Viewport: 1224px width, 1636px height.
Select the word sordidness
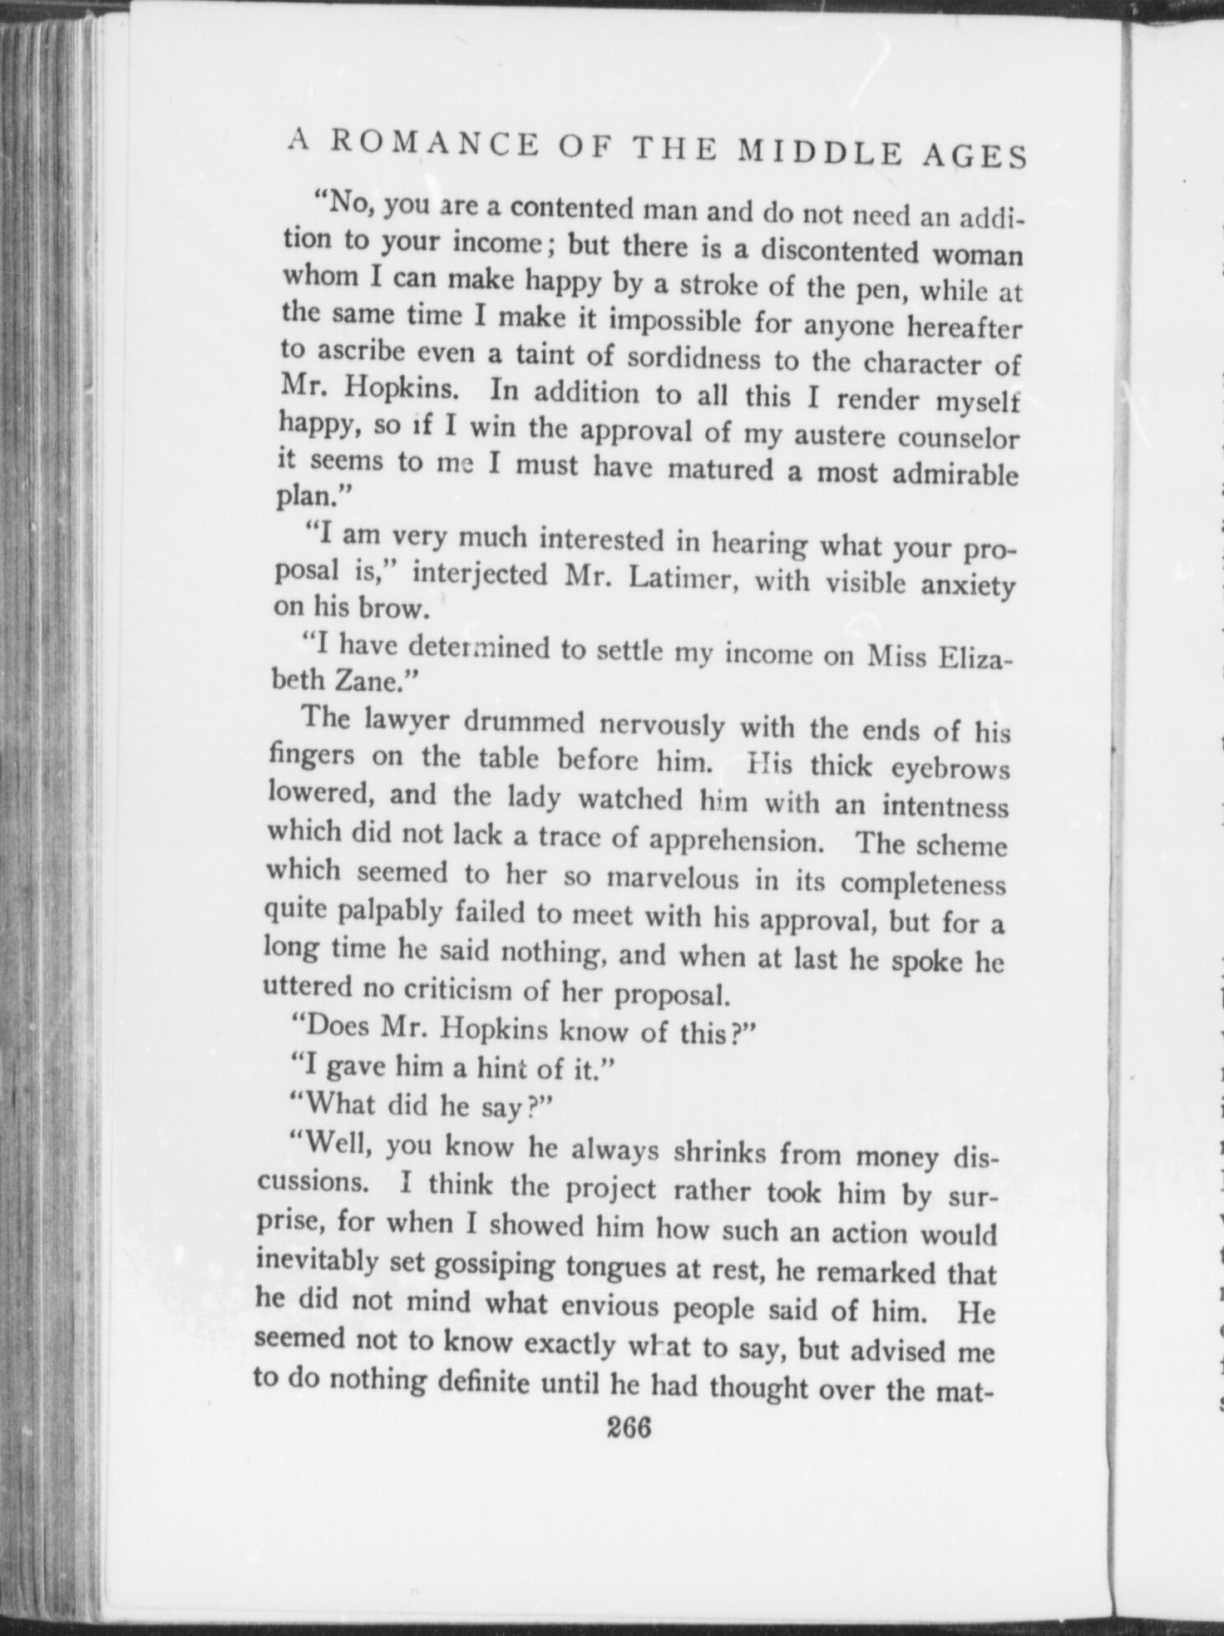(x=693, y=358)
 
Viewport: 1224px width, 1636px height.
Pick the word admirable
(x=955, y=474)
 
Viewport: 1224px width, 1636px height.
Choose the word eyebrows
(x=950, y=768)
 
